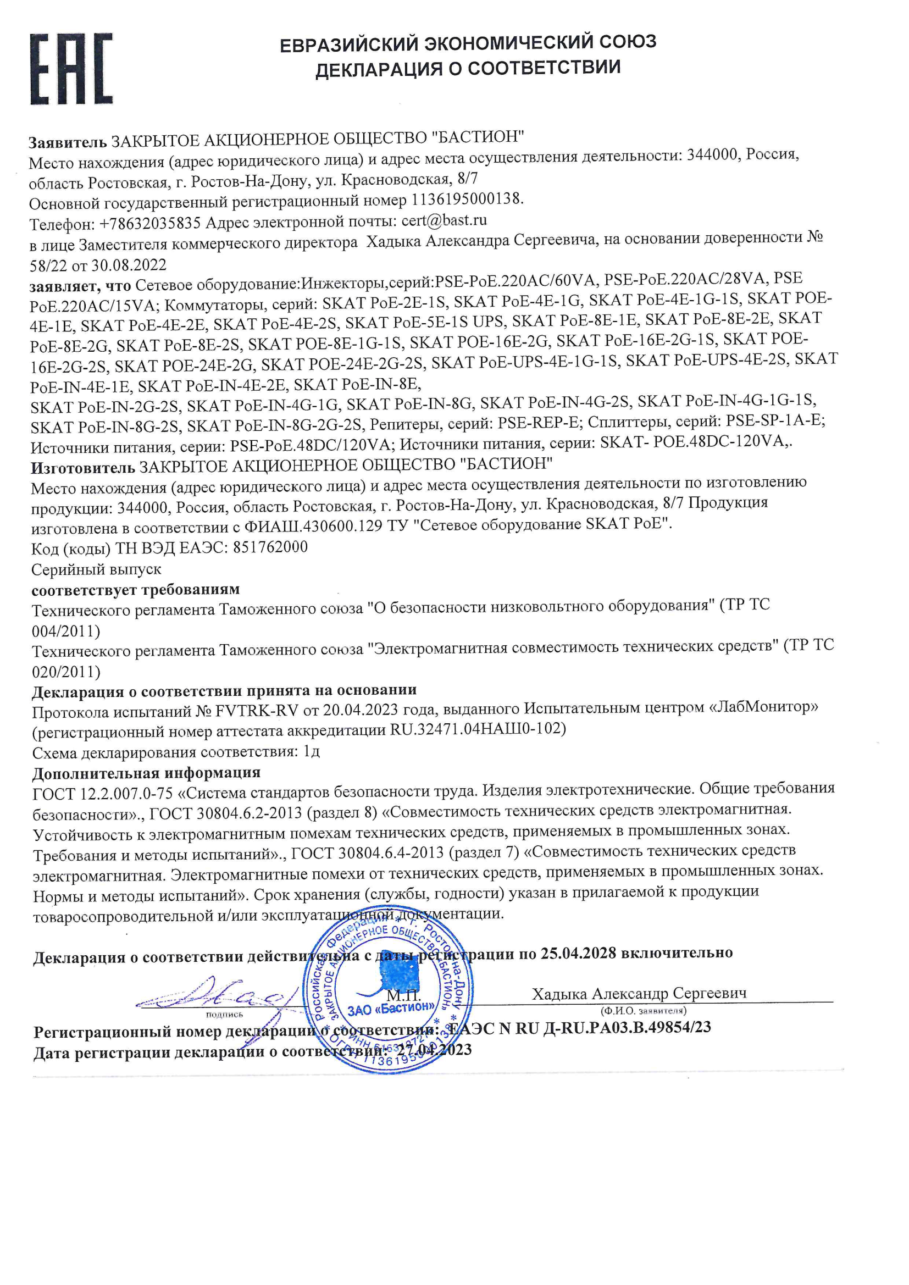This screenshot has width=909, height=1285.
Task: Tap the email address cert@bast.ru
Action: pyautogui.click(x=444, y=220)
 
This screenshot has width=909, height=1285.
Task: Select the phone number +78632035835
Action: pyautogui.click(x=149, y=224)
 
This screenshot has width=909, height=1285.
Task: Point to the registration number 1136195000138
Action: pyautogui.click(x=467, y=200)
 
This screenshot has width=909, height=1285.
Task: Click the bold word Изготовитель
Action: pyautogui.click(x=83, y=466)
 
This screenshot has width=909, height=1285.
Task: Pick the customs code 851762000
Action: pyautogui.click(x=270, y=547)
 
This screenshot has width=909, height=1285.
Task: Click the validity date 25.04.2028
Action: pyautogui.click(x=578, y=952)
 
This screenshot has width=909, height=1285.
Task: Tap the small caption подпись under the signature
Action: pyautogui.click(x=224, y=1014)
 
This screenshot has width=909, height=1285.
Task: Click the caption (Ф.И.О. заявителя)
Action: pyautogui.click(x=643, y=1011)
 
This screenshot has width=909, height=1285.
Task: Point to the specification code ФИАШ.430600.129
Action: pyautogui.click(x=313, y=526)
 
